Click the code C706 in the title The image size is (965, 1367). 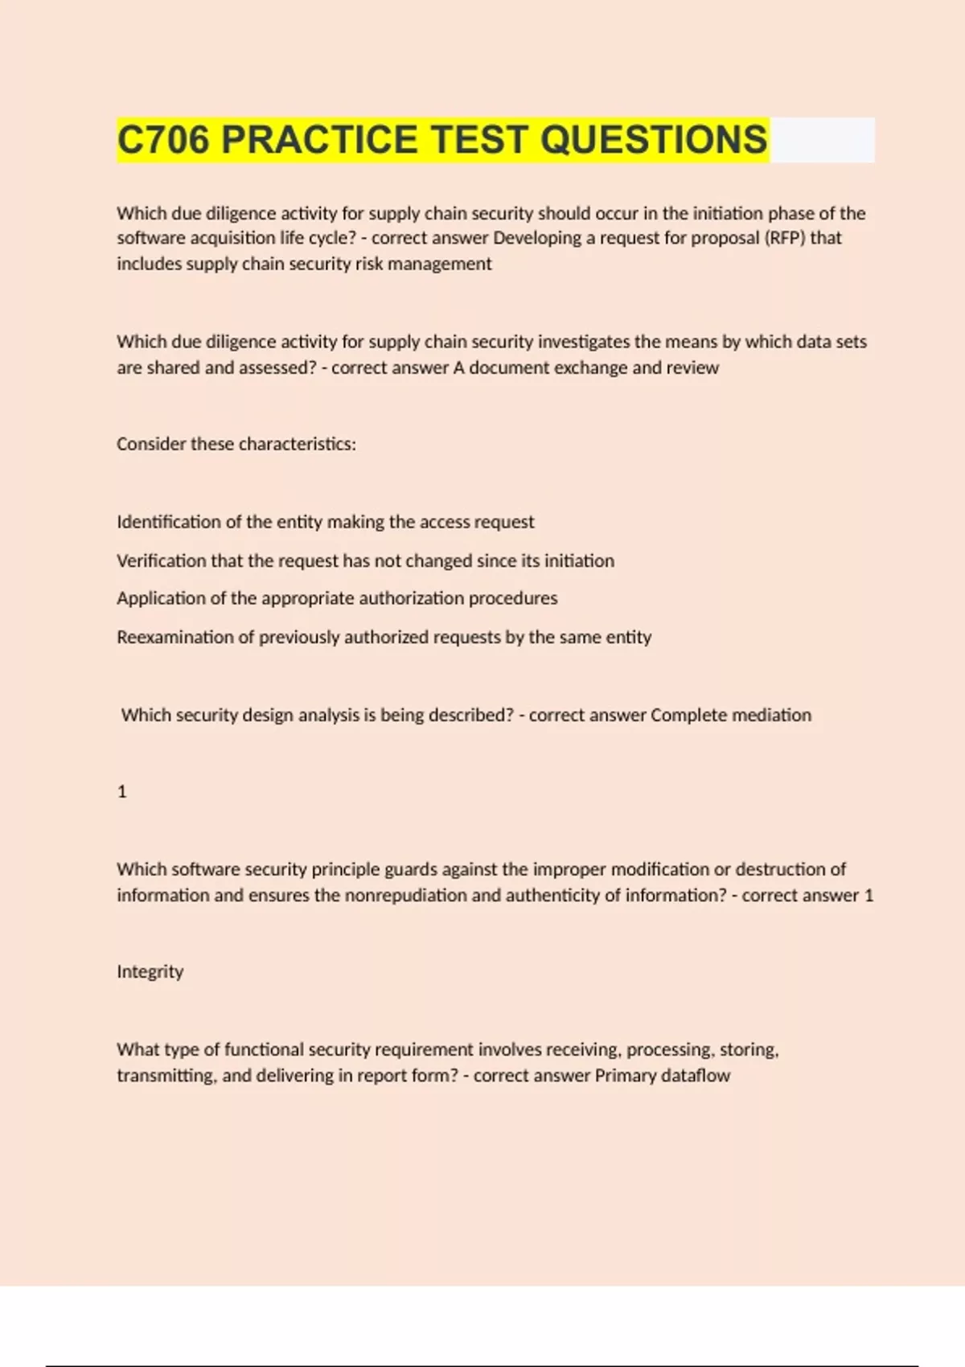164,140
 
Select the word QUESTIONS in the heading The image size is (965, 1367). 654,140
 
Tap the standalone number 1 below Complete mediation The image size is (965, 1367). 122,792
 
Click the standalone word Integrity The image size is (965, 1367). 150,971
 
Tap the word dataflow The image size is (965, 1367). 696,1075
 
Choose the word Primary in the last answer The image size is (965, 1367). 625,1075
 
